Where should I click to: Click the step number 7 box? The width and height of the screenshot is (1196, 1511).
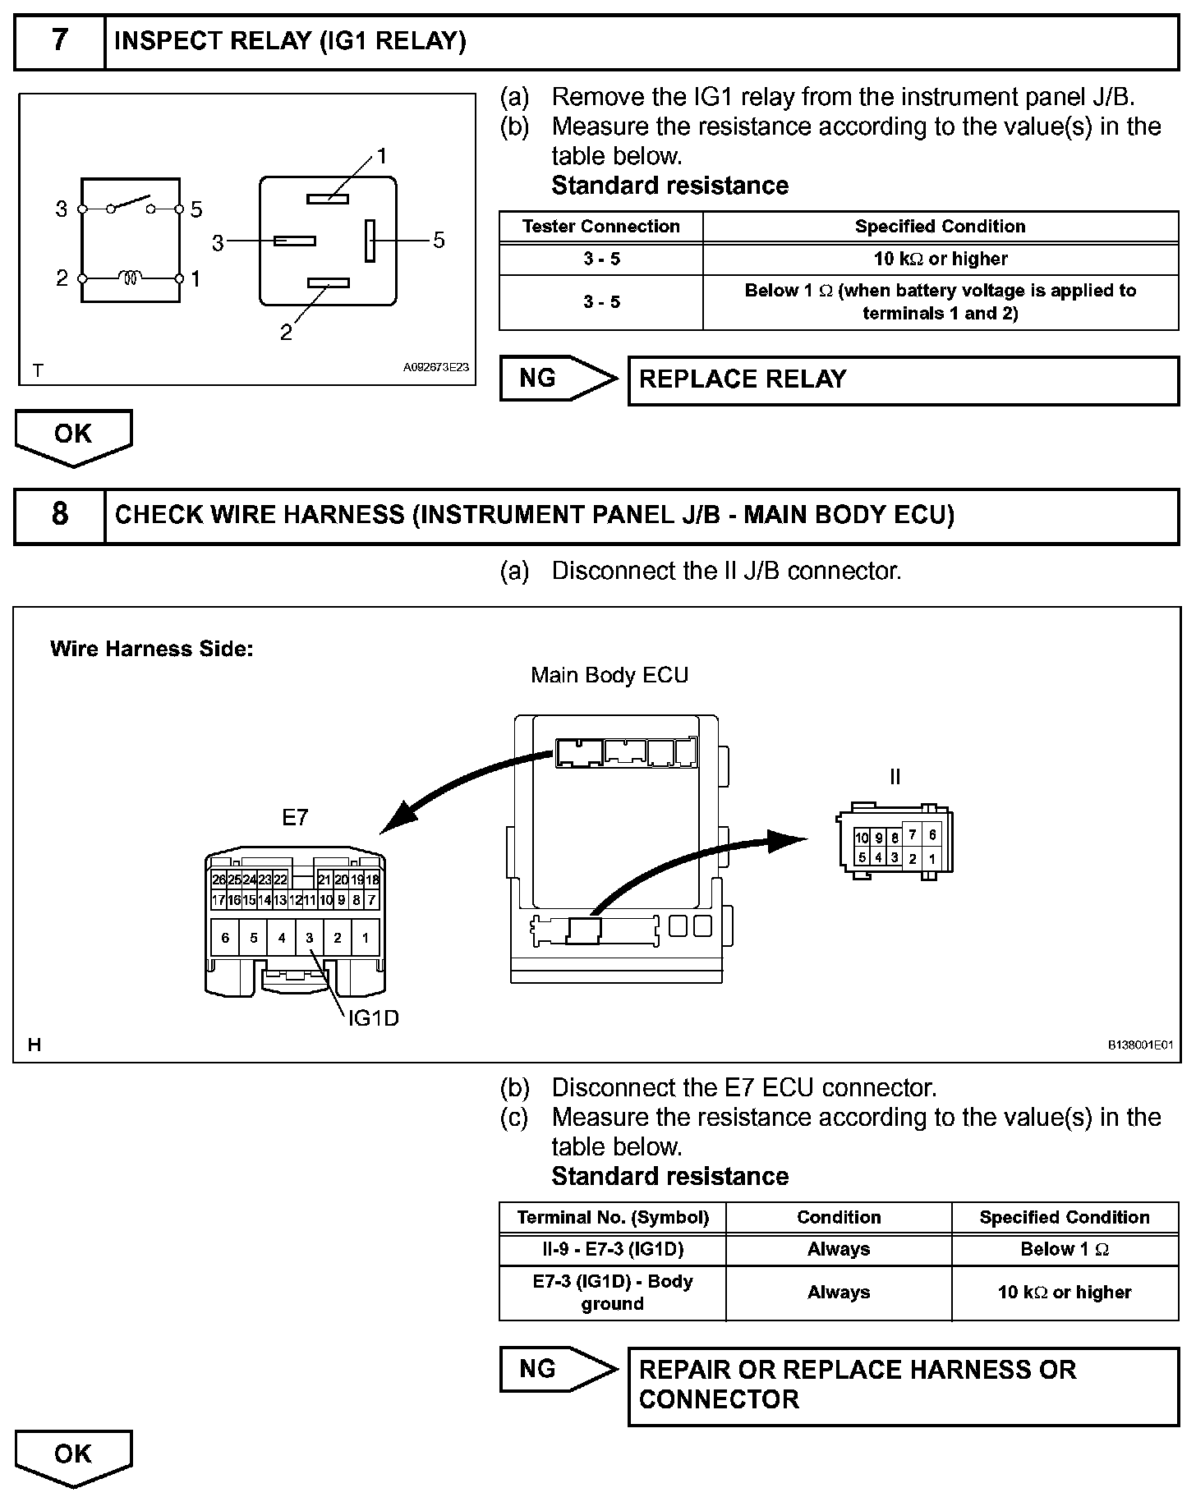(60, 41)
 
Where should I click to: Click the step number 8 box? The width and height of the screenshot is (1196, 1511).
(60, 515)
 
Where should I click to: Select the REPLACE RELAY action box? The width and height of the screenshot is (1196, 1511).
(902, 380)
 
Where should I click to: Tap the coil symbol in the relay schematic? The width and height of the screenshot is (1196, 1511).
(131, 278)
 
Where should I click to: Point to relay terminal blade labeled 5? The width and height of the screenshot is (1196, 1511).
(370, 240)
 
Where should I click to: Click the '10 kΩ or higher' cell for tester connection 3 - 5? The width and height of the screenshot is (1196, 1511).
(940, 259)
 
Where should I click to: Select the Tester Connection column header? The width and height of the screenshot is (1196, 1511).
(600, 227)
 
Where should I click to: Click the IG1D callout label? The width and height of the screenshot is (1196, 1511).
(373, 1018)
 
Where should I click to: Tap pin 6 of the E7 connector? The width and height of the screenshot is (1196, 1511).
(225, 938)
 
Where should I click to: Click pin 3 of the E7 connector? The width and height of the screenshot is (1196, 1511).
(309, 938)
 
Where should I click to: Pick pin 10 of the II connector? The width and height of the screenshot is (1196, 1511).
(862, 838)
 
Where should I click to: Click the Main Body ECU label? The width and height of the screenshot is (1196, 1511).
(609, 675)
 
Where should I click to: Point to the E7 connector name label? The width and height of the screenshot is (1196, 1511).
(295, 818)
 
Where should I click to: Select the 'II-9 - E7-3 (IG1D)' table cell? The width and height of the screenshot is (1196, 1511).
(612, 1249)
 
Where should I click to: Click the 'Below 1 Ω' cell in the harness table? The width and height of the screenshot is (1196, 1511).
(1064, 1249)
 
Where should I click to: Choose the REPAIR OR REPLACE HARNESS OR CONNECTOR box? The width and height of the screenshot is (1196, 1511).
(902, 1385)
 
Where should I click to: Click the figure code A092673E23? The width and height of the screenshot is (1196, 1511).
(435, 367)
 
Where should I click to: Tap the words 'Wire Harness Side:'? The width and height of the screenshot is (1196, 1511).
(151, 649)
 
